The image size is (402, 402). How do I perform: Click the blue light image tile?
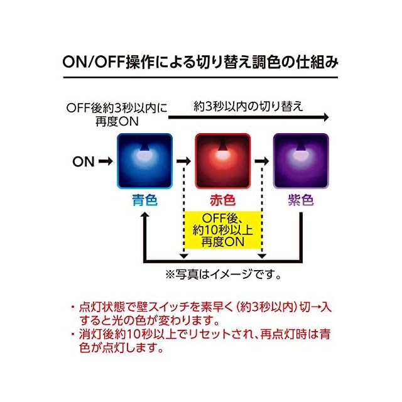point(144,161)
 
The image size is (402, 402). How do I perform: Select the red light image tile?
point(222,161)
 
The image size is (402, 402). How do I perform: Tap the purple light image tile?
point(301,161)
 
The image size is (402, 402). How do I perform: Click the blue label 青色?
point(144,200)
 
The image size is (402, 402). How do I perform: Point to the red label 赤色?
point(222,200)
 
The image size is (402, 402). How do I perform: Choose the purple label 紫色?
point(301,200)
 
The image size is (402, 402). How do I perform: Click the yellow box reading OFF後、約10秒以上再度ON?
point(222,230)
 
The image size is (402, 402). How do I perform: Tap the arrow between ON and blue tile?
point(106,161)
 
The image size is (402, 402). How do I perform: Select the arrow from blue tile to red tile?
point(184,161)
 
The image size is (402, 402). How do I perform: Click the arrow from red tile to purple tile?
point(262,161)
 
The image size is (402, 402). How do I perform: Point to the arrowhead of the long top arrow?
point(326,117)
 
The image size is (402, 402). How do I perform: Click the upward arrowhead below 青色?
point(145,215)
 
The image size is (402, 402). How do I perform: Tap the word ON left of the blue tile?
point(84,162)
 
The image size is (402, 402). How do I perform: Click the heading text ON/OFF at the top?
point(94,62)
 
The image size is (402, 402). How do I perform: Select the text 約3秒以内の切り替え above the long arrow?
point(248,106)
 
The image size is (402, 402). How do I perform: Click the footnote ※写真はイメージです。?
point(223,274)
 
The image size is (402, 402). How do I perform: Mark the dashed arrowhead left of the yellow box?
point(184,256)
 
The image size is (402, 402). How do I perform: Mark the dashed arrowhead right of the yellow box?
point(262,256)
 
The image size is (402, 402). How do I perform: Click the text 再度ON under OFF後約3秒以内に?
point(117,121)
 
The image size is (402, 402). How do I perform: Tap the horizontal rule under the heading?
point(200,77)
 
